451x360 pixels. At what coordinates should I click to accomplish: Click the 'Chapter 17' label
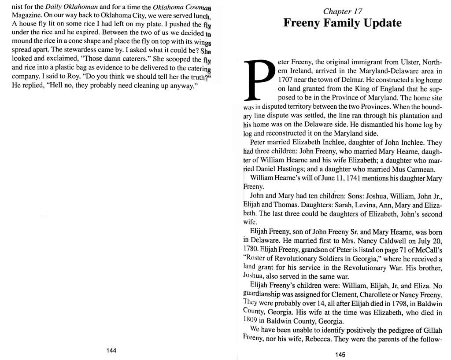(x=343, y=11)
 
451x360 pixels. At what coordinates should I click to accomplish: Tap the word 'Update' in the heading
(x=380, y=23)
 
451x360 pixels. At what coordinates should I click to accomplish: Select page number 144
(x=111, y=350)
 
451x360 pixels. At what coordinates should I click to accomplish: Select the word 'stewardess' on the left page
(x=81, y=50)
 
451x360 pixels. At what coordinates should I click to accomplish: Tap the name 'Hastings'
(x=298, y=169)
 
